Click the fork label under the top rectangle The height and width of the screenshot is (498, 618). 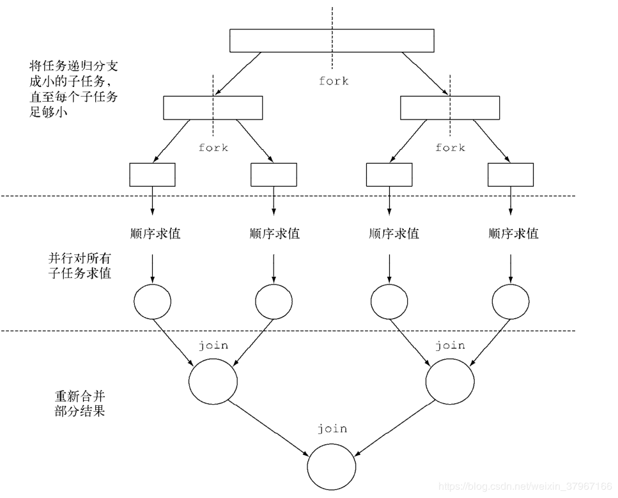334,81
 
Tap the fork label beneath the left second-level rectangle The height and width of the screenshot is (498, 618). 213,148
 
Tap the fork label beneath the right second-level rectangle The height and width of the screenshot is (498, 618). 450,148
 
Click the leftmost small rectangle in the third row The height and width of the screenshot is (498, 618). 152,175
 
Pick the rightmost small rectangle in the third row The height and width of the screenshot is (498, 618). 510,175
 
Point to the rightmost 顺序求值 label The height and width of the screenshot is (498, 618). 513,233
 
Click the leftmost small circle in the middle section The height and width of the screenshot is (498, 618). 153,300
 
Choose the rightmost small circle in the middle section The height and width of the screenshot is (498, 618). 511,300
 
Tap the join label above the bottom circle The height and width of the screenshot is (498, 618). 332,428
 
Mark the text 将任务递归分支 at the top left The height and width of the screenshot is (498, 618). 73,66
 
